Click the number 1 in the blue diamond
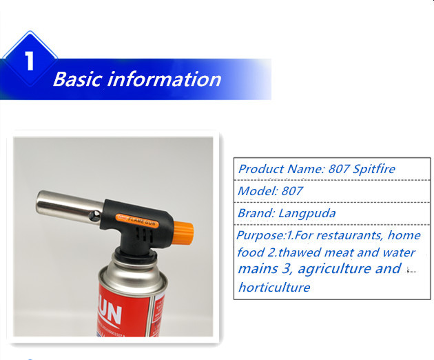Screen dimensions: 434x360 tap(30, 61)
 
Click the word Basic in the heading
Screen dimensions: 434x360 tap(77, 79)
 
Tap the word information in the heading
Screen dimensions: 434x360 tap(164, 79)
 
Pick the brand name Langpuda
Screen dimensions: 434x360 tap(307, 213)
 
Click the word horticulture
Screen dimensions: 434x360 tap(274, 287)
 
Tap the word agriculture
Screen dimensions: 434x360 tap(334, 269)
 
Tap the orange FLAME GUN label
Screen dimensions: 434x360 tap(137, 221)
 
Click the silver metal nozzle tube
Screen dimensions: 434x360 tap(70, 206)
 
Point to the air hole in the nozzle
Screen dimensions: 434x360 tap(95, 216)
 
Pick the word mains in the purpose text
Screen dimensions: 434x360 tap(258, 269)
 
